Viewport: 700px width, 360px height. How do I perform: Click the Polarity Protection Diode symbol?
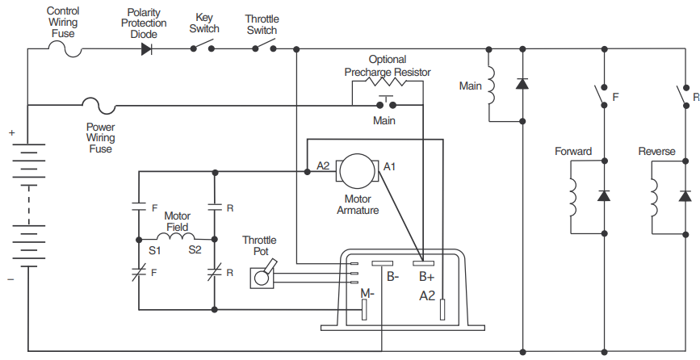point(146,48)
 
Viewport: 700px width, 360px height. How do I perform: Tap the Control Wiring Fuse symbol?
point(67,48)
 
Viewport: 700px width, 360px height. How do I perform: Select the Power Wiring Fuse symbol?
point(99,105)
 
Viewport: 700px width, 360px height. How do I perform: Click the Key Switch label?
point(204,23)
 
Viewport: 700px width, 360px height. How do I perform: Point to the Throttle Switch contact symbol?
point(263,48)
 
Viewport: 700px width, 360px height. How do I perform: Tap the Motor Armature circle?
point(356,170)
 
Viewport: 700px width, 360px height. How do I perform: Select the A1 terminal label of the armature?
point(389,166)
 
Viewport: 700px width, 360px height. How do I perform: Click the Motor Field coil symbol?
point(177,238)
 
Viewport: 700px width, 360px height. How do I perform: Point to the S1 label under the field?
point(154,251)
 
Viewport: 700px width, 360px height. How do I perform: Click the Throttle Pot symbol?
point(262,275)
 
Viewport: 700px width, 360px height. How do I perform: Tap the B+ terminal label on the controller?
point(426,277)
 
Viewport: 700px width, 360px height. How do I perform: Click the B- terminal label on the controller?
point(392,277)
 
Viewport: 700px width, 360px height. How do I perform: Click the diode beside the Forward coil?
point(603,196)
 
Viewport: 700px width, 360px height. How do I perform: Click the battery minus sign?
point(11,278)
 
